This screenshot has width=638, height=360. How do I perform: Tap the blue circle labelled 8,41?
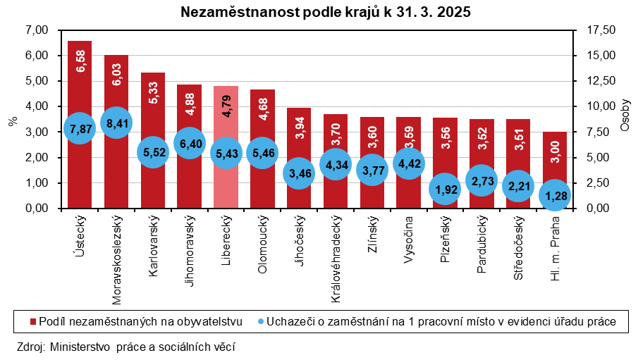(x=116, y=123)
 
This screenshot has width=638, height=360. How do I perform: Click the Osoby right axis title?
(x=626, y=116)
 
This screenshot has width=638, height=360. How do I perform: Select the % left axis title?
(x=12, y=120)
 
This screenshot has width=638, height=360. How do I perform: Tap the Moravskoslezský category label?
(x=117, y=260)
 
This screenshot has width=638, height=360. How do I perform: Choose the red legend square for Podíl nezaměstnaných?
(x=33, y=321)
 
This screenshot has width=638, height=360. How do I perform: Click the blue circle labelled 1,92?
(x=446, y=189)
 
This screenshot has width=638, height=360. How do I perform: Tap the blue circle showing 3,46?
(x=299, y=173)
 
